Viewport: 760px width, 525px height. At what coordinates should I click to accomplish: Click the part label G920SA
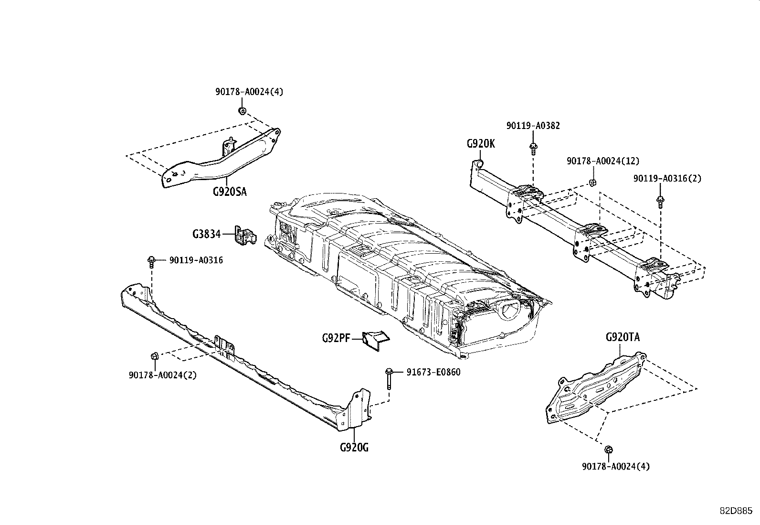click(x=230, y=192)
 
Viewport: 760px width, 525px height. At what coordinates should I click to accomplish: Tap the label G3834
click(x=206, y=234)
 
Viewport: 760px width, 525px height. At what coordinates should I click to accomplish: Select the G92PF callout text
click(x=336, y=339)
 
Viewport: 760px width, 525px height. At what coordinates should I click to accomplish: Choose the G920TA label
click(x=623, y=337)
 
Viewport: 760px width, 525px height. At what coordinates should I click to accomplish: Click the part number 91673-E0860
click(x=433, y=372)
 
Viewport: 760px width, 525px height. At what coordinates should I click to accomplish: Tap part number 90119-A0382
click(x=533, y=126)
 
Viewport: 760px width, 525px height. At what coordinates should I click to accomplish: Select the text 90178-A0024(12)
click(x=602, y=161)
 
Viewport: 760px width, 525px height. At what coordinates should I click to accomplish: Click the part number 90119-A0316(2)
click(x=667, y=178)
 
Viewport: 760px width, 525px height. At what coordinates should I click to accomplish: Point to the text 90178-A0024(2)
click(x=162, y=375)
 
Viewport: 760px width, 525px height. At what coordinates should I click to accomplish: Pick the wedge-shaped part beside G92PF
click(x=376, y=340)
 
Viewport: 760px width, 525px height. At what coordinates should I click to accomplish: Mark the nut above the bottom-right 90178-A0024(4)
click(x=608, y=450)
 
